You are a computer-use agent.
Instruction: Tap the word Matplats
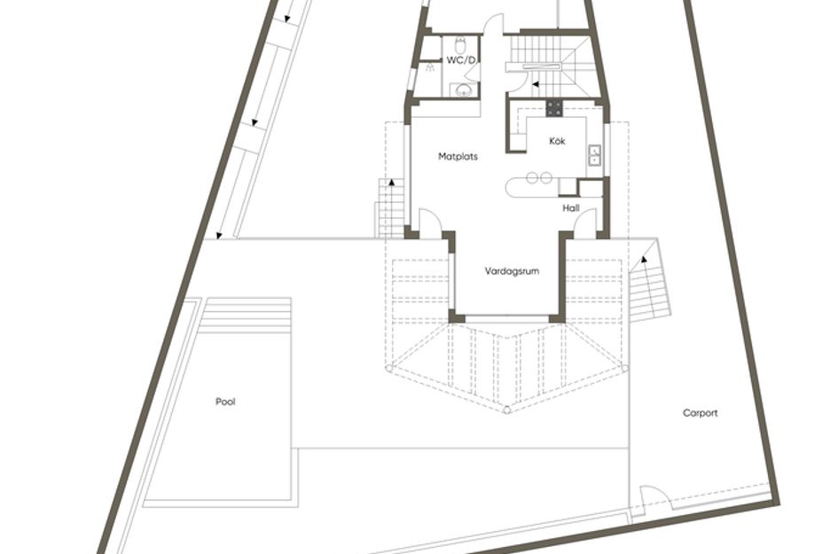[458, 157]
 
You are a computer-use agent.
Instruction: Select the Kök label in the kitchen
[557, 142]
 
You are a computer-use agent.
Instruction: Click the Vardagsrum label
[513, 271]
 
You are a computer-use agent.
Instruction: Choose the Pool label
[225, 402]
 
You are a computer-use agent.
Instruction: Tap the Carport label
[701, 413]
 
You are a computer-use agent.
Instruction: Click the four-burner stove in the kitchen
[554, 108]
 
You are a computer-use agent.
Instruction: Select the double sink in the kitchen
[594, 156]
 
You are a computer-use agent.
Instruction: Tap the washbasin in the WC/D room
[461, 90]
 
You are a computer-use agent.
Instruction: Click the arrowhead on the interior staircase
[535, 84]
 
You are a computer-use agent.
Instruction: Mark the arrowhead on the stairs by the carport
[644, 257]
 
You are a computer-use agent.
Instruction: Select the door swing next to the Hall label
[584, 222]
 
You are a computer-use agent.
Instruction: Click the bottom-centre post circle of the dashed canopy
[506, 410]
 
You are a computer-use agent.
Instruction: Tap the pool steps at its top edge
[247, 314]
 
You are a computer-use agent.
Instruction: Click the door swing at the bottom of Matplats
[429, 222]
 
